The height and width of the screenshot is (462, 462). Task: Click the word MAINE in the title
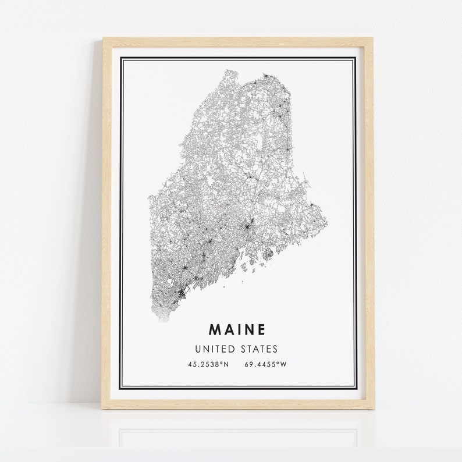(x=237, y=329)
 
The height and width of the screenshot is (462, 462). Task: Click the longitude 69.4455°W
(x=267, y=365)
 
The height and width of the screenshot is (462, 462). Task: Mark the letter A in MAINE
(x=227, y=329)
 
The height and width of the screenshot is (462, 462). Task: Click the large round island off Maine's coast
(x=268, y=253)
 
